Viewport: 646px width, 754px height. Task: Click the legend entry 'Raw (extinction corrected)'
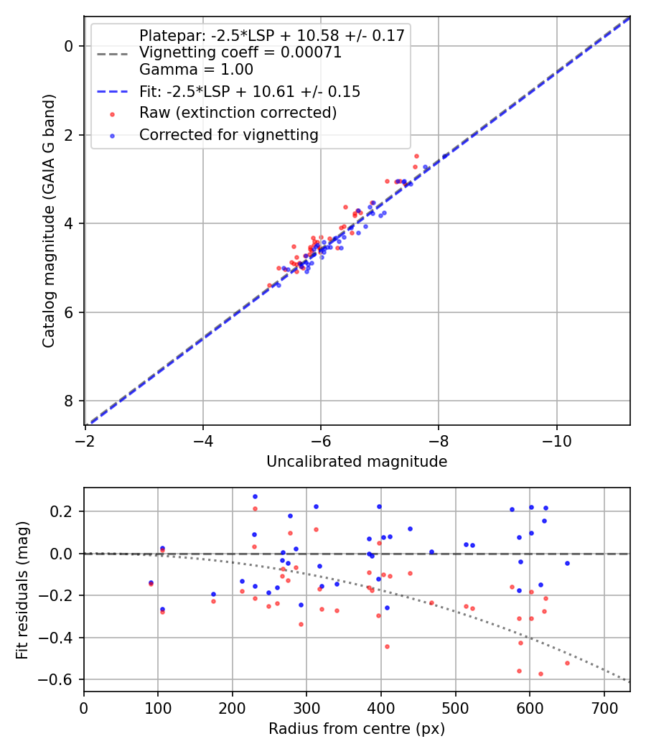pos(238,113)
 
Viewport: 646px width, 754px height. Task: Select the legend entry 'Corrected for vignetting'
pos(228,134)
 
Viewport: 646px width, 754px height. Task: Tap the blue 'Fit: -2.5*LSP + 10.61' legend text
pos(249,92)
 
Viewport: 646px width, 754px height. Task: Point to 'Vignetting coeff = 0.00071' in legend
pos(240,52)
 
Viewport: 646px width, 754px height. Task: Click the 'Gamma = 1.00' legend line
pos(196,70)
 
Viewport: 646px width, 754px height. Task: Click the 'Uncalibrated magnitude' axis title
pos(357,462)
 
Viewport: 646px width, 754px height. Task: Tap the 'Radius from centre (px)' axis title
pos(357,729)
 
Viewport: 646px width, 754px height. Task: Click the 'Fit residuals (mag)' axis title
pos(22,589)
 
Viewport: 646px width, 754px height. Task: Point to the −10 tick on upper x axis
pos(556,439)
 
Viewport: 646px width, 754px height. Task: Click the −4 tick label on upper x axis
pos(203,439)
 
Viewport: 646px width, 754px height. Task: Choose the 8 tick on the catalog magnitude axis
pos(70,401)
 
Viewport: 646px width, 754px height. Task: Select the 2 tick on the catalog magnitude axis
pos(70,135)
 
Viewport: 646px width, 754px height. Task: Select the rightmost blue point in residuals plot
pos(567,563)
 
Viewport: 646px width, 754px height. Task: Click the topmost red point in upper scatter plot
pos(416,156)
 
